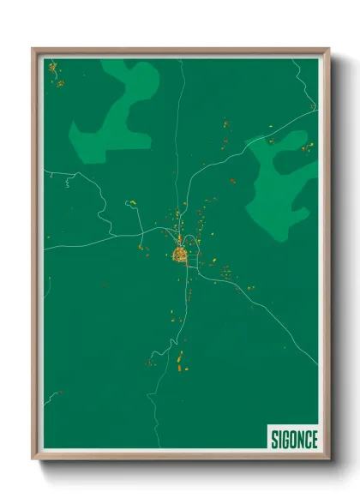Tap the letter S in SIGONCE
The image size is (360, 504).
pos(274,439)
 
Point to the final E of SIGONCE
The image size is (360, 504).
pos(314,439)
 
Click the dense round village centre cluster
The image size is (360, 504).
pos(181,255)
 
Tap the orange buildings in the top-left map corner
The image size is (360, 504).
pos(55,74)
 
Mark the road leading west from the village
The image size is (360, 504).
pos(94,242)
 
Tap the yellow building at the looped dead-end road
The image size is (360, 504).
pos(132,203)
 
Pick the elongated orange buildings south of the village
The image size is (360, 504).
pos(180,360)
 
